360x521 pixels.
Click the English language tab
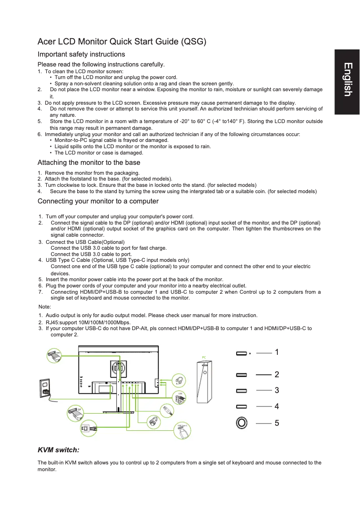pyautogui.click(x=347, y=80)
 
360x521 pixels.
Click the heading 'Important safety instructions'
pyautogui.click(x=81, y=54)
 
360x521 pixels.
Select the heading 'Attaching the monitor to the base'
pyautogui.click(x=89, y=163)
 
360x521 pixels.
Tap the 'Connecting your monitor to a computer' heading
pyautogui.click(x=98, y=201)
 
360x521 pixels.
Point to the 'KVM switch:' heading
pyautogui.click(x=59, y=450)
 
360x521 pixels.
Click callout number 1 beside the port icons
pyautogui.click(x=277, y=353)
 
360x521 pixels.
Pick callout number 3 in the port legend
pyautogui.click(x=277, y=390)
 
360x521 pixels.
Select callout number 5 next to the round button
pyautogui.click(x=277, y=423)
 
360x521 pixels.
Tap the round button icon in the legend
pyautogui.click(x=241, y=423)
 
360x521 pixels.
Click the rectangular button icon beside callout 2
pyautogui.click(x=241, y=374)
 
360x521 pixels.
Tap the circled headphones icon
pyautogui.click(x=179, y=380)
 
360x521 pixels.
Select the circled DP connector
pyautogui.click(x=75, y=412)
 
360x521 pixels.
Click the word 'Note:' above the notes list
pyautogui.click(x=45, y=306)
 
